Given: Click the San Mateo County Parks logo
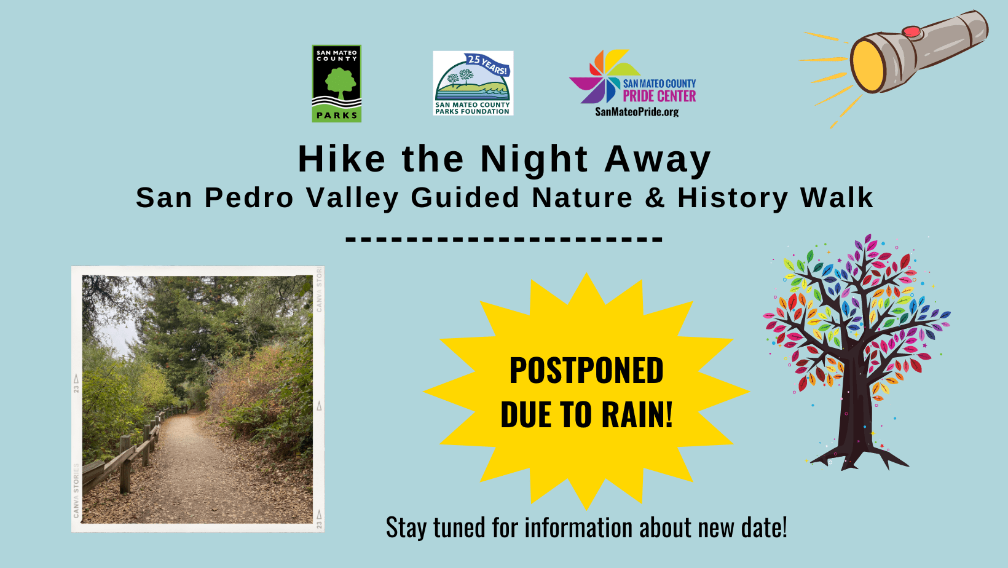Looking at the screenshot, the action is click(337, 83).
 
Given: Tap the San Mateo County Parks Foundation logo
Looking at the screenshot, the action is click(473, 83).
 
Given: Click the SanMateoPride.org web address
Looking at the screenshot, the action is click(637, 112).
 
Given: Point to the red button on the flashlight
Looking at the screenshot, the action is click(912, 31).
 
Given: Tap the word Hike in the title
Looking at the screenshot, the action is click(342, 159).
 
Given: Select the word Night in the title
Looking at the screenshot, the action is click(534, 160).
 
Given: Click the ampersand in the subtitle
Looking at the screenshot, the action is click(655, 197).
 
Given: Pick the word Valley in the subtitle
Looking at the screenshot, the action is click(352, 199).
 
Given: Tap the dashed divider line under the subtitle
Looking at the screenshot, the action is click(504, 239).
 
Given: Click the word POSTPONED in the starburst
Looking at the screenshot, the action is click(586, 371).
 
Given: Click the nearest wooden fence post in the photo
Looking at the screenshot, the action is click(125, 463).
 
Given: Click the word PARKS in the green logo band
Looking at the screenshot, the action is click(337, 115).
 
